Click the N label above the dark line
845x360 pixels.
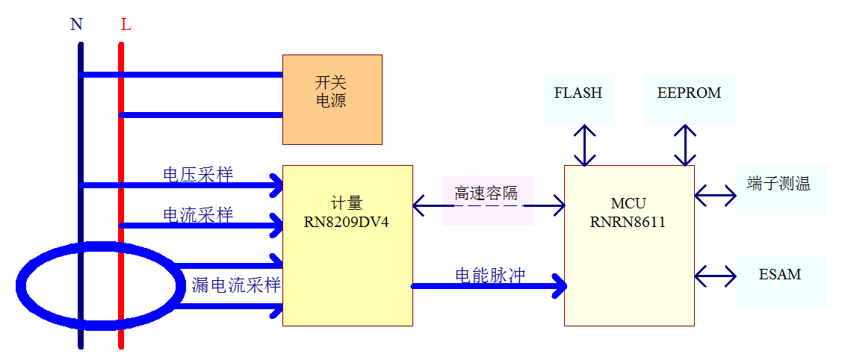tap(76, 25)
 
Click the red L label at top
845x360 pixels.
tap(126, 25)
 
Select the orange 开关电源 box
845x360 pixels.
tap(332, 99)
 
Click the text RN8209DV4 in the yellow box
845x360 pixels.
tap(347, 222)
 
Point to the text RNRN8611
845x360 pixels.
tap(628, 222)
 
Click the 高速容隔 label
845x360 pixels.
tap(486, 193)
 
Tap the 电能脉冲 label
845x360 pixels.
tap(490, 275)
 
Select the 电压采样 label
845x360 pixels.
tap(198, 175)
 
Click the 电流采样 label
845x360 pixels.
tap(198, 215)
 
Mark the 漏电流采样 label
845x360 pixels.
tap(236, 285)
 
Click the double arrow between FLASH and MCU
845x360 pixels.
tap(585, 145)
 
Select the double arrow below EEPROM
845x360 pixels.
tap(684, 145)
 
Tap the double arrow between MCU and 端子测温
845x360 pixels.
tap(715, 196)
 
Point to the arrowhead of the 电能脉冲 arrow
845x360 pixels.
tap(560, 285)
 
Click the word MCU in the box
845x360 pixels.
tap(628, 204)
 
